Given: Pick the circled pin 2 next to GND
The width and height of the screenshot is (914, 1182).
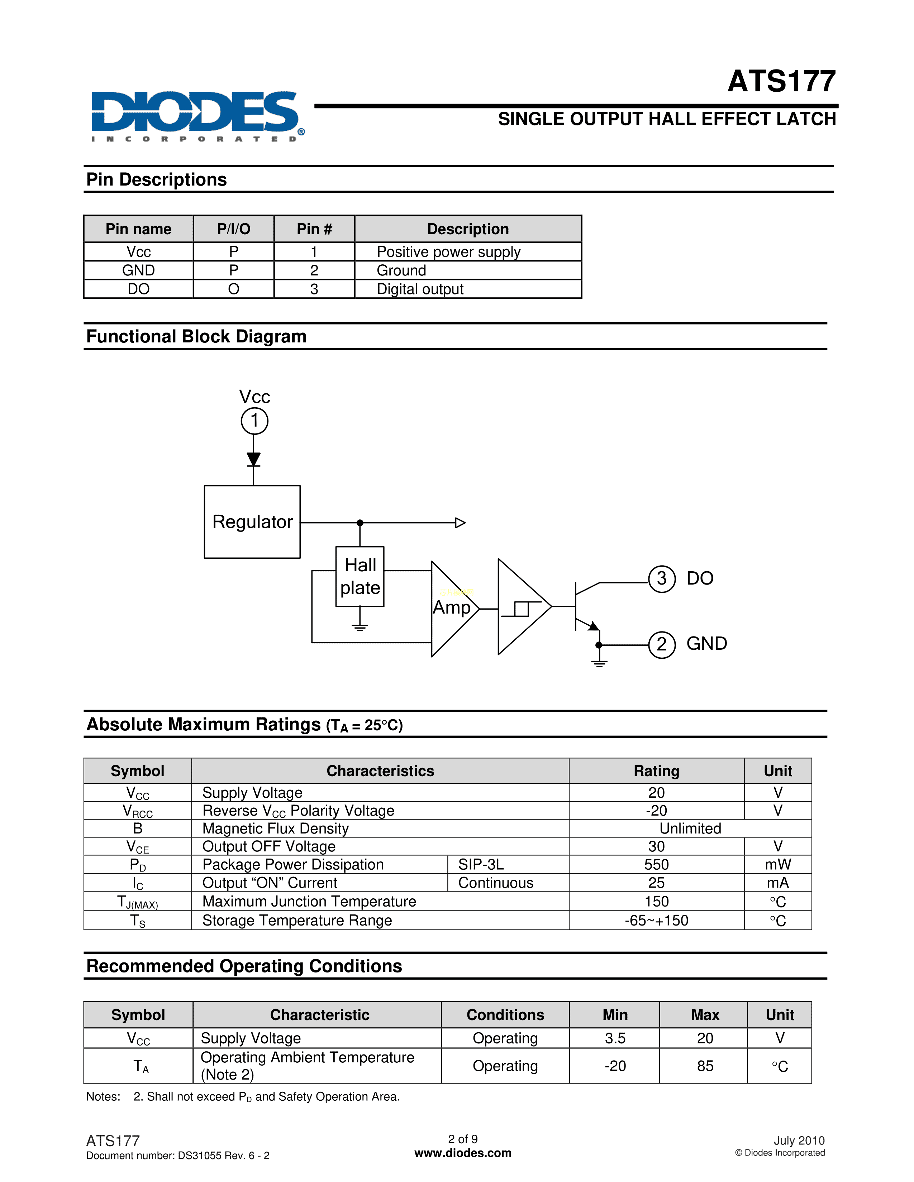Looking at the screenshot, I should pyautogui.click(x=661, y=645).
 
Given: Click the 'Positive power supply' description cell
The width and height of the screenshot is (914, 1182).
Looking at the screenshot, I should pyautogui.click(x=448, y=252).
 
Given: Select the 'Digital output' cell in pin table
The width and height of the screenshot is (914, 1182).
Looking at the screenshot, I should pyautogui.click(x=420, y=289).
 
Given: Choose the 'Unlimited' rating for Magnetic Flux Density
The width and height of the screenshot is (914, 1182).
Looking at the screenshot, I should pyautogui.click(x=690, y=828).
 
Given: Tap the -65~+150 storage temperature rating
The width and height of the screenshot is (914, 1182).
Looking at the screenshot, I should pyautogui.click(x=656, y=921).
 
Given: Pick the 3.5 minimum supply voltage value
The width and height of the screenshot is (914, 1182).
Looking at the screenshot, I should pyautogui.click(x=615, y=1038).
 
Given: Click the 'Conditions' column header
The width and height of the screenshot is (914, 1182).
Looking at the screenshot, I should pyautogui.click(x=505, y=1015).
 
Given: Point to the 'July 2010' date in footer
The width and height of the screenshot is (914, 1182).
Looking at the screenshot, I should pyautogui.click(x=799, y=1141).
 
